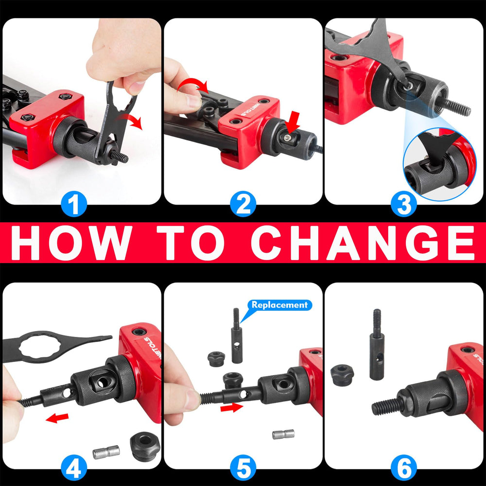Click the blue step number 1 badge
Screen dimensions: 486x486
(x=74, y=204)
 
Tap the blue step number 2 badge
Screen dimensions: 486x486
(x=243, y=204)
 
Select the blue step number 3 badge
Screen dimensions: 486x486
(x=404, y=204)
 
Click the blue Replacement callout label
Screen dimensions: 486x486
(x=279, y=305)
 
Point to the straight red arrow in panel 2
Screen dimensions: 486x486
(x=293, y=122)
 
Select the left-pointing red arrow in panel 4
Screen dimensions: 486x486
(x=57, y=418)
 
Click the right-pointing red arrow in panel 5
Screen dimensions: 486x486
(x=231, y=408)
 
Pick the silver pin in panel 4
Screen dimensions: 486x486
(x=106, y=452)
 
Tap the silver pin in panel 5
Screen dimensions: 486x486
(x=283, y=434)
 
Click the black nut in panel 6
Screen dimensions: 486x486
(x=342, y=375)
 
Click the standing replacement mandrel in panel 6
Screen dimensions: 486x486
(x=377, y=344)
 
